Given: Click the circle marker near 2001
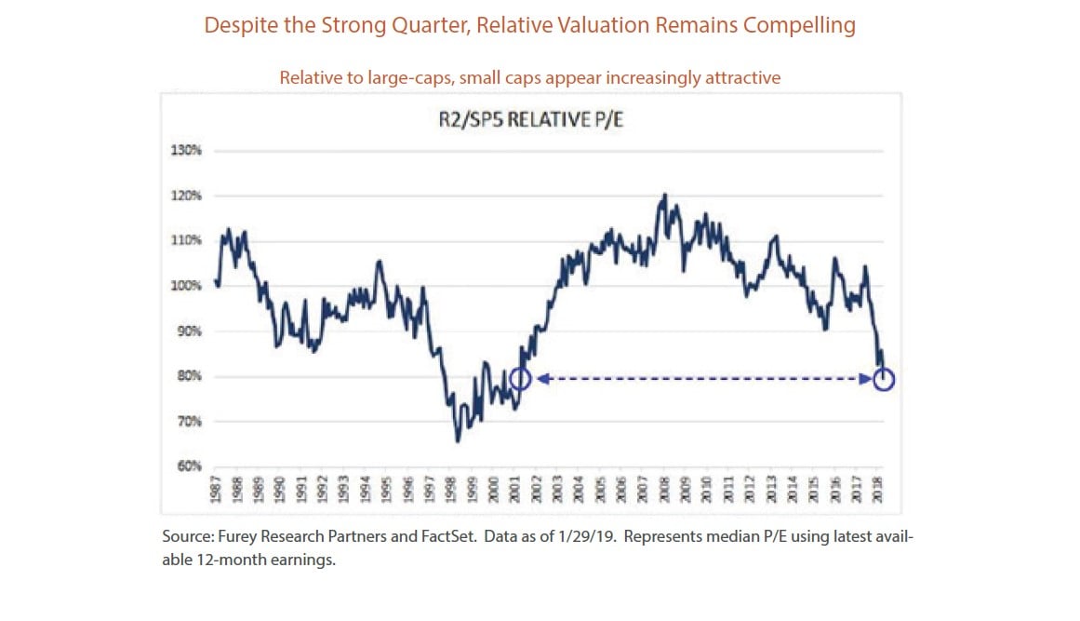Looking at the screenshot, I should click(x=521, y=379).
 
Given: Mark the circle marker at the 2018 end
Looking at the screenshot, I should click(x=884, y=379).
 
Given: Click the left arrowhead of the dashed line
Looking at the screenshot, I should click(x=540, y=379).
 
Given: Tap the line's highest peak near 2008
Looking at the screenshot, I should click(x=664, y=195).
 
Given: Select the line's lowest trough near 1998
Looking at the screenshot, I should click(x=458, y=440).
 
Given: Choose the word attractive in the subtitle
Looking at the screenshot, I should click(x=740, y=78).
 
